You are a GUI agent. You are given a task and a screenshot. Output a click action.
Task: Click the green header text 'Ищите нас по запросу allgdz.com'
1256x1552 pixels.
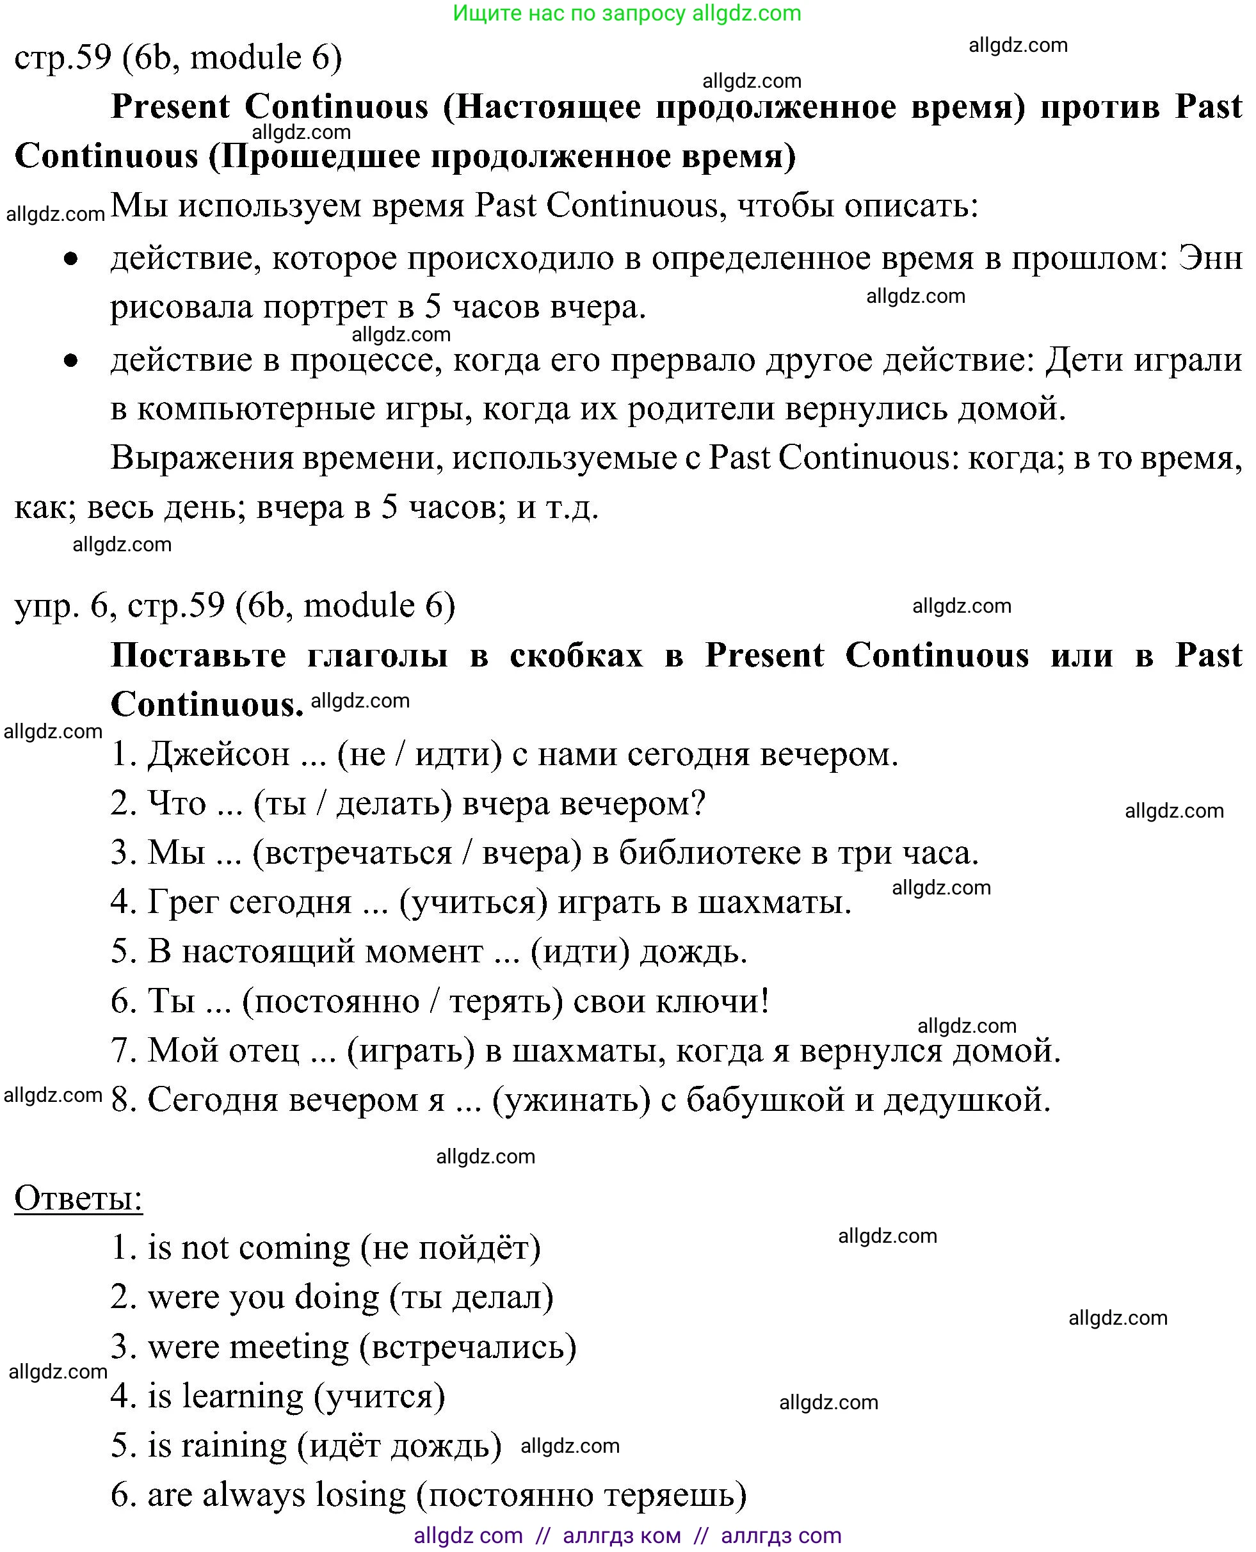coord(627,13)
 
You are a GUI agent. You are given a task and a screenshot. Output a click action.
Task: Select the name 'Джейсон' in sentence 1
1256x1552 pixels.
coord(218,754)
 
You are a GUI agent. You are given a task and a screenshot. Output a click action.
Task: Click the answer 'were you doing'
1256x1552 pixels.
coord(263,1297)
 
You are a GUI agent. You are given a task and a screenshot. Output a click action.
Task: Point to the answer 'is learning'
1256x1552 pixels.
coord(225,1396)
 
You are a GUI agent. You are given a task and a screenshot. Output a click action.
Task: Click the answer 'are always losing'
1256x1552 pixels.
coord(277,1495)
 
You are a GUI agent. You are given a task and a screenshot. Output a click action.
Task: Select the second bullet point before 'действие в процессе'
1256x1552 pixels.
coord(70,360)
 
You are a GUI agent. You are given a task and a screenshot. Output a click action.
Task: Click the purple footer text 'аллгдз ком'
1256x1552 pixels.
coord(622,1535)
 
